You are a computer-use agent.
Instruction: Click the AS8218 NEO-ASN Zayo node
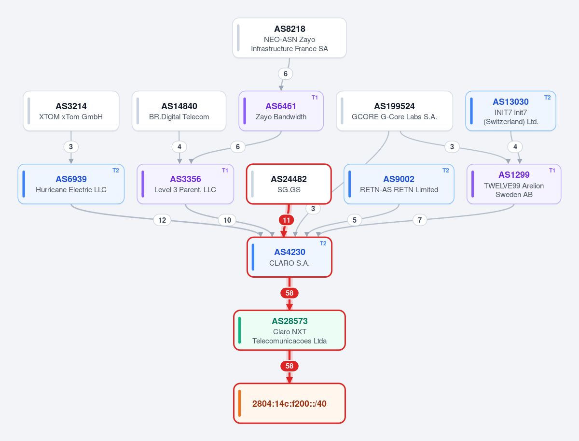click(x=289, y=38)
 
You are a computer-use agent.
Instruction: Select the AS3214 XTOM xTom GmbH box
click(x=71, y=111)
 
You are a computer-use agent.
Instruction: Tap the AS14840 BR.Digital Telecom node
click(x=179, y=111)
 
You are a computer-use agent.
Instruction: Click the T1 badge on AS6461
click(x=315, y=98)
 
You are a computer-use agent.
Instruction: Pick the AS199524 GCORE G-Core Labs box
click(x=394, y=111)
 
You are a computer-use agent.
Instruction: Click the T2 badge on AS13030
click(x=547, y=98)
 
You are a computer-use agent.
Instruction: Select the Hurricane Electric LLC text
click(x=71, y=190)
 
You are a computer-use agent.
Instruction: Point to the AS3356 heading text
click(x=185, y=179)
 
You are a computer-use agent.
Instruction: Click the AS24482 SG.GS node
click(x=289, y=184)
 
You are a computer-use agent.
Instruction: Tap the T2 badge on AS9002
click(x=445, y=171)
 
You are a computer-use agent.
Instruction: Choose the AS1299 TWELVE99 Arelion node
click(x=514, y=184)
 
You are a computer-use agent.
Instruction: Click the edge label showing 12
click(x=162, y=220)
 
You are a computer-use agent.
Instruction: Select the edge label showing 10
click(x=227, y=220)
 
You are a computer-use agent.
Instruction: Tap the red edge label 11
click(x=287, y=220)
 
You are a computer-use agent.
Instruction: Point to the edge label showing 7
click(x=420, y=220)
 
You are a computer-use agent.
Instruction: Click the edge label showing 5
click(x=355, y=220)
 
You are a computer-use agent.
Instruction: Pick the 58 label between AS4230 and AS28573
click(x=289, y=293)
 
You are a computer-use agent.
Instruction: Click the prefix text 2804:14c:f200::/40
click(x=289, y=403)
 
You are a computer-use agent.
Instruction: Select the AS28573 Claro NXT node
click(x=289, y=330)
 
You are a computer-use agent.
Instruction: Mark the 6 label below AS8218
click(x=286, y=74)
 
